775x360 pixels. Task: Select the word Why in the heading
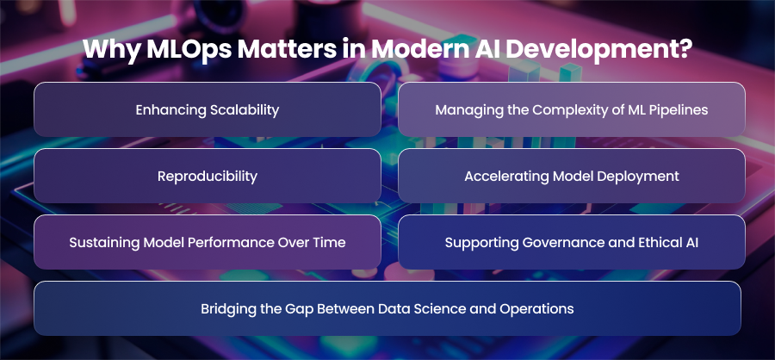(x=112, y=49)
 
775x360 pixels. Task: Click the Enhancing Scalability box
(x=208, y=109)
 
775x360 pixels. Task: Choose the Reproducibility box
(x=208, y=176)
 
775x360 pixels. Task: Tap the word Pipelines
(x=682, y=109)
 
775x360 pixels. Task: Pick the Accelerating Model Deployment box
(x=572, y=176)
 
